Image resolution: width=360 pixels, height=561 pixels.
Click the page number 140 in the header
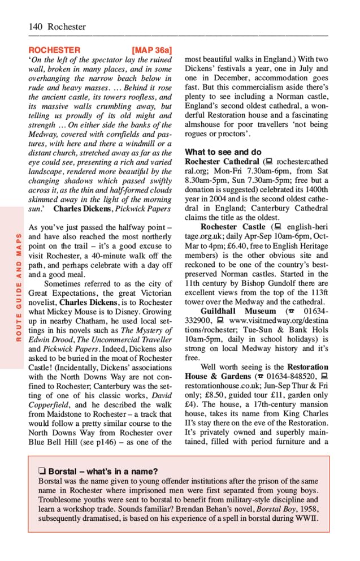point(36,27)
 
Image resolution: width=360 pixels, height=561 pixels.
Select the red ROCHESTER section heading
point(54,50)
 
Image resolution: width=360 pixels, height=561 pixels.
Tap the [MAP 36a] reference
point(151,50)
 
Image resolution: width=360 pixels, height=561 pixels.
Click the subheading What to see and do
point(223,152)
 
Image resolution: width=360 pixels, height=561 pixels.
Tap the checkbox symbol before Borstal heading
point(42,472)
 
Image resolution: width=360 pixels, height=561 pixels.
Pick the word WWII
point(300,519)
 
